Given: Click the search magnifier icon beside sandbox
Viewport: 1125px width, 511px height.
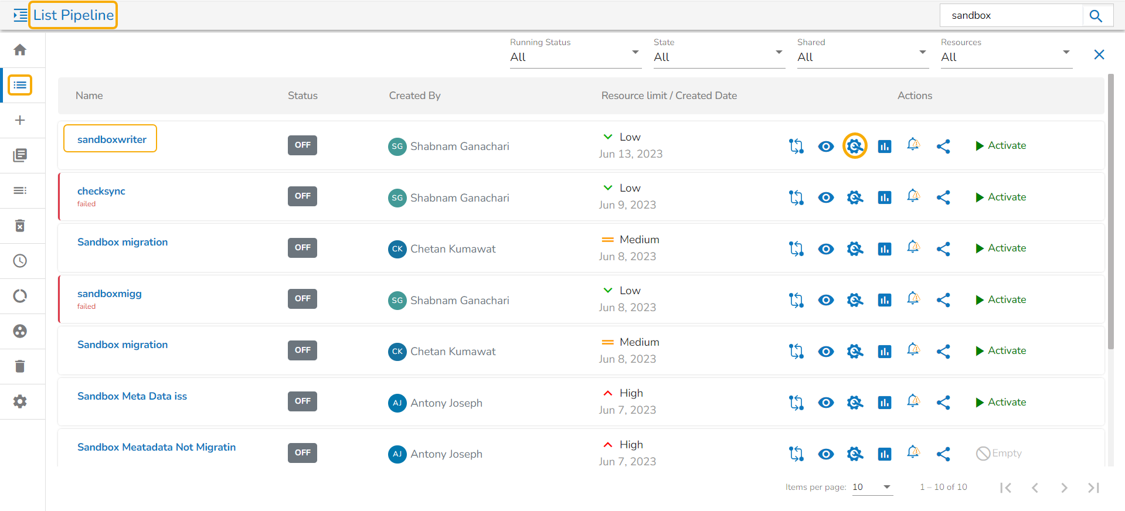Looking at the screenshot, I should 1096,16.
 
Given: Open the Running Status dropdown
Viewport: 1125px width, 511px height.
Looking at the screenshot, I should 575,57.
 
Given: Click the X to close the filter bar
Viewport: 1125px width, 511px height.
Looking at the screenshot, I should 1099,54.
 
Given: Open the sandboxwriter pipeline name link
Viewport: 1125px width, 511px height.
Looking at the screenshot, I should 111,139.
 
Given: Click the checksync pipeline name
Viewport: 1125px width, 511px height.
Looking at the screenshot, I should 101,191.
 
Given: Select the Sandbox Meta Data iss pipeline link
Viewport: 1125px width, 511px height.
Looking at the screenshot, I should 132,396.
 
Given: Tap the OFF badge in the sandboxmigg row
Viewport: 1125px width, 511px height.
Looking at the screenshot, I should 303,299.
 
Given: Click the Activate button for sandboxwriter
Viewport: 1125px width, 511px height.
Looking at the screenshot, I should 1001,145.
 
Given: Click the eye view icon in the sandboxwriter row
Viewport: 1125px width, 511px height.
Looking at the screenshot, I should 825,146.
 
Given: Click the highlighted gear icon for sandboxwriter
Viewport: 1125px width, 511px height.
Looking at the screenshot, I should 855,146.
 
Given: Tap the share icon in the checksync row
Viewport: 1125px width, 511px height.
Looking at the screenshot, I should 943,197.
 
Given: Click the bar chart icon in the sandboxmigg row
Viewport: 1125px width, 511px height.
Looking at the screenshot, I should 884,300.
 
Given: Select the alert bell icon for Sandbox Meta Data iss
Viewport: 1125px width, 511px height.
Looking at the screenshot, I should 913,401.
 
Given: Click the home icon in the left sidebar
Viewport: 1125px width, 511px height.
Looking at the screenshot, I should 20,50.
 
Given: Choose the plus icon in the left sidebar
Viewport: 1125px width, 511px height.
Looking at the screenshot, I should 20,120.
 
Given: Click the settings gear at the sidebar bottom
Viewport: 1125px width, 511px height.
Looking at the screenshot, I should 20,401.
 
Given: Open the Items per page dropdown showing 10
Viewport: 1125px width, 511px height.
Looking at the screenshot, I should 872,487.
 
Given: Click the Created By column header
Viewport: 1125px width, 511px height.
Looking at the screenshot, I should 414,96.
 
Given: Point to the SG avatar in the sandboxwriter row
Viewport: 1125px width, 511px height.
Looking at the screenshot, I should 397,147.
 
